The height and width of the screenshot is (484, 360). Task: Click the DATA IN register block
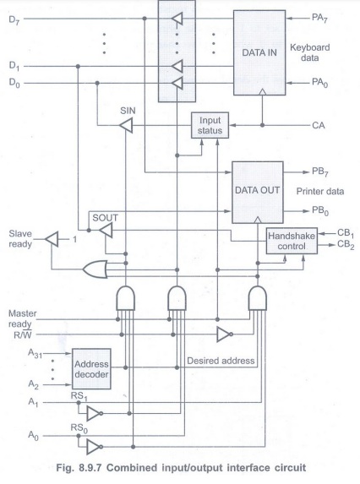tap(259, 52)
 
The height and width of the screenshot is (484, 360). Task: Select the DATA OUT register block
tap(258, 192)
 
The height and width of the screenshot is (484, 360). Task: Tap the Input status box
tap(210, 125)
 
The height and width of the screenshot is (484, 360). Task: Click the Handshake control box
tap(292, 241)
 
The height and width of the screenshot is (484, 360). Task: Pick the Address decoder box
tap(91, 369)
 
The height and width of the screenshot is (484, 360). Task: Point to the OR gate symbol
tap(95, 269)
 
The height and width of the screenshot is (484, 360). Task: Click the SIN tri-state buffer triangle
tap(126, 126)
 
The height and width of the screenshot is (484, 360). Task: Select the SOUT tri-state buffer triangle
tap(106, 231)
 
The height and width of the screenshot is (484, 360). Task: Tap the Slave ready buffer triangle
tap(52, 239)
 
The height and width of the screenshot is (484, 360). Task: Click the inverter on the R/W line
tap(225, 334)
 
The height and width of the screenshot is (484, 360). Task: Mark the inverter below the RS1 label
tap(95, 414)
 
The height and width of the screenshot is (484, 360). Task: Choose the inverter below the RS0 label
tap(95, 447)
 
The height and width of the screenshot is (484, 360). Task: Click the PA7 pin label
tap(319, 19)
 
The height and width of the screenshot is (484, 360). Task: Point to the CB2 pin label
tap(346, 245)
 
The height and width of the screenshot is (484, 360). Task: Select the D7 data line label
tap(14, 20)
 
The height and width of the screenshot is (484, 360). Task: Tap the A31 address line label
tap(35, 353)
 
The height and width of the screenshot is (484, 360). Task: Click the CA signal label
tap(319, 125)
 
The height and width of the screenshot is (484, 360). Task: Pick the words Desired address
tap(221, 361)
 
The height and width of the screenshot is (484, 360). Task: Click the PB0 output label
tap(320, 211)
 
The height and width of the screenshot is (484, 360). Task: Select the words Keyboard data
tap(309, 52)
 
